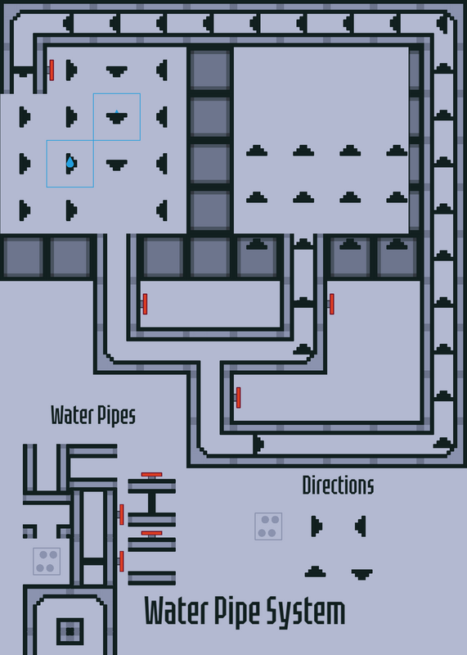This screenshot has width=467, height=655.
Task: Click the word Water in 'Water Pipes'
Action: point(72,415)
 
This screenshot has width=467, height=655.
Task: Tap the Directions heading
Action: point(338,486)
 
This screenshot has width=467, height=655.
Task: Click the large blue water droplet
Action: point(70,162)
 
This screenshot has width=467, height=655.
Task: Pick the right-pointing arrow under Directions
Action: point(317,526)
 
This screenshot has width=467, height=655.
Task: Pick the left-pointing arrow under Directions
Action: point(361,526)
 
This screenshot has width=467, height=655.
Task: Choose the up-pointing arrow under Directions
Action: point(315,571)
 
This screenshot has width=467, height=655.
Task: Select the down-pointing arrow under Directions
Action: point(361,575)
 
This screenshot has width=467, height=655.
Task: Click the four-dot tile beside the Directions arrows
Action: point(268,526)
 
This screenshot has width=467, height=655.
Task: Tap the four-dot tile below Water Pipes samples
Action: point(47,562)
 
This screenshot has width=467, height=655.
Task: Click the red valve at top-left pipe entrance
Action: point(52,70)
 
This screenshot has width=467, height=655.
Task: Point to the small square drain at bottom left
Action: point(70,631)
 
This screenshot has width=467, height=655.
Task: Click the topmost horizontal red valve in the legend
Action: point(151,475)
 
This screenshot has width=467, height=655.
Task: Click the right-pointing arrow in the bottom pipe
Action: point(258,444)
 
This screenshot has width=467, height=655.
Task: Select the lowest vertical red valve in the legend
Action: point(121,562)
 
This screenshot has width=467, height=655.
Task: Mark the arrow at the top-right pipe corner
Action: point(444,24)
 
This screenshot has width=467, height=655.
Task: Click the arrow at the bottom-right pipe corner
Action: point(443,444)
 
